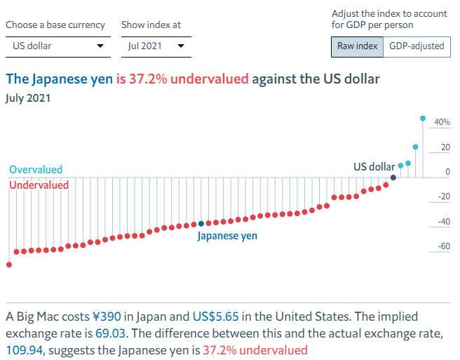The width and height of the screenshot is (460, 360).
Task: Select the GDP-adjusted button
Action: click(417, 46)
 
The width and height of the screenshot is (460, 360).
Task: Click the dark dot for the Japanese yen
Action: click(201, 224)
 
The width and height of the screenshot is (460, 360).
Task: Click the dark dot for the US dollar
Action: click(393, 178)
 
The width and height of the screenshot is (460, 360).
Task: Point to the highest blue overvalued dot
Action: click(423, 118)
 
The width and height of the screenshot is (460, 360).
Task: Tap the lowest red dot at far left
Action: click(9, 265)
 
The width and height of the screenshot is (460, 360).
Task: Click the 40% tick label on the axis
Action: click(442, 123)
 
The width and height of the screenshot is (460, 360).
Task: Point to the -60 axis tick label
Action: click(443, 247)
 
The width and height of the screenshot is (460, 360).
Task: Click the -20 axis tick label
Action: click(443, 197)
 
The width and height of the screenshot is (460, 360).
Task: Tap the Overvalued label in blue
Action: click(36, 170)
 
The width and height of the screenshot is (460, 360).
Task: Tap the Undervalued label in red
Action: click(39, 185)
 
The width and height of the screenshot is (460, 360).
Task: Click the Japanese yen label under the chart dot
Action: click(227, 236)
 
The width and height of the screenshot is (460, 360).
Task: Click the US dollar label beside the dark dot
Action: click(374, 167)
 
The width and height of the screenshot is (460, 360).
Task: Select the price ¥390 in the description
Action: click(107, 316)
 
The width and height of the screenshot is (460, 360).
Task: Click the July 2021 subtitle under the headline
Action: click(27, 98)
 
